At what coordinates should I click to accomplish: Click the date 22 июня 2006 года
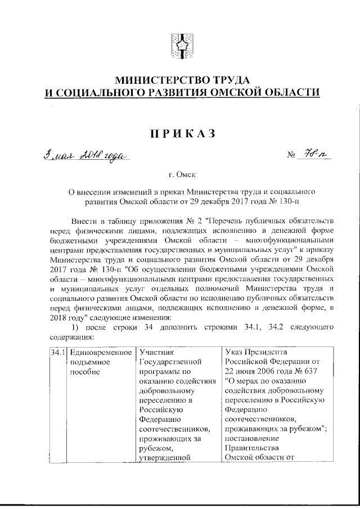pos(256,372)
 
